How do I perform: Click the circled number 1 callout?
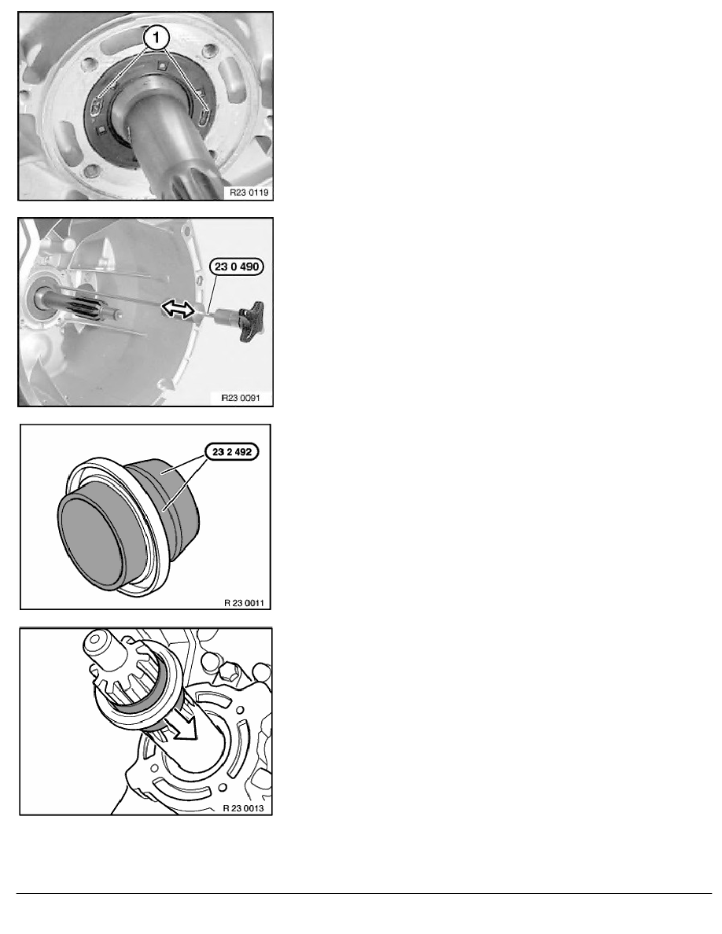coord(156,38)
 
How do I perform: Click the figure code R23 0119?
coord(249,193)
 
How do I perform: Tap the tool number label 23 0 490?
coord(237,267)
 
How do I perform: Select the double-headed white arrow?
coord(179,308)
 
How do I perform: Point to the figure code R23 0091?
coord(241,398)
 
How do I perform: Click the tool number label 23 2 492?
coord(232,452)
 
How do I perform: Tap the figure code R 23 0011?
coord(244,603)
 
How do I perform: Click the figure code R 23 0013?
coord(243,808)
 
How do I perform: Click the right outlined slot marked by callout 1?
coord(204,114)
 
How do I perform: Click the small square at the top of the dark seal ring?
coord(161,65)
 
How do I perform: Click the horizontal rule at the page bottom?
coord(364,893)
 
